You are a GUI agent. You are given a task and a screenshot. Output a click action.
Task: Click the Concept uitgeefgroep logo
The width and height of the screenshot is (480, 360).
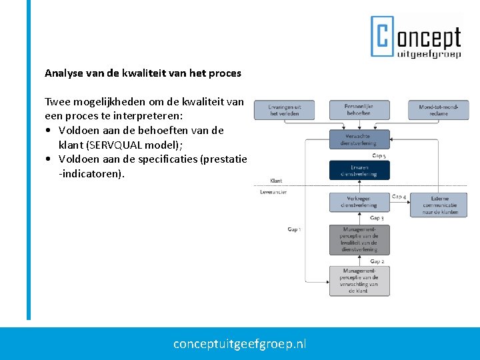416,37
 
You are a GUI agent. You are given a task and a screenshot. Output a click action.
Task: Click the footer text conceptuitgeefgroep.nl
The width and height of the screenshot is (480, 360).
240,344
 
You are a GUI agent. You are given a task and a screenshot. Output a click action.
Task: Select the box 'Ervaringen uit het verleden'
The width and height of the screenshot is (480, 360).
284,110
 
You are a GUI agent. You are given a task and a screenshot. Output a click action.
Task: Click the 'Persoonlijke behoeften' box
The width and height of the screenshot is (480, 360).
359,110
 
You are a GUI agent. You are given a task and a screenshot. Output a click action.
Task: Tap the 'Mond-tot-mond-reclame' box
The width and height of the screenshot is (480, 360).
438,110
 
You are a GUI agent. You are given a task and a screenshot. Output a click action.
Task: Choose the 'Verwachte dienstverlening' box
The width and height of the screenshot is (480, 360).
359,139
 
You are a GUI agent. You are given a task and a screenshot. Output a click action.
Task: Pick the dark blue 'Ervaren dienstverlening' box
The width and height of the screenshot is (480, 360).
359,171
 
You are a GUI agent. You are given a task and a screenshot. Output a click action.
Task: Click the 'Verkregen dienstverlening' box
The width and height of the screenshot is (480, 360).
359,202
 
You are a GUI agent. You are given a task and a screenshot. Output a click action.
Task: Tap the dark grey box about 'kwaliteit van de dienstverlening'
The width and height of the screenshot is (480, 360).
359,239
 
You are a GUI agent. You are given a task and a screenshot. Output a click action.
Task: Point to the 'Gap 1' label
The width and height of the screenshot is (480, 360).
294,229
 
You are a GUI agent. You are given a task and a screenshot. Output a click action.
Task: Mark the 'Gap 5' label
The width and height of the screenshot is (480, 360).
379,156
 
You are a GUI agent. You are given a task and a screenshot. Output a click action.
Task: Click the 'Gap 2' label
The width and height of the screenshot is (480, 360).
377,261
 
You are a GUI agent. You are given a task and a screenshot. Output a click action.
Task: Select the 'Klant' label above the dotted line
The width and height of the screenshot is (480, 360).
276,181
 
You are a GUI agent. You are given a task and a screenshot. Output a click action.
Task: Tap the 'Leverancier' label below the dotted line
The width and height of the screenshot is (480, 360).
273,192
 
